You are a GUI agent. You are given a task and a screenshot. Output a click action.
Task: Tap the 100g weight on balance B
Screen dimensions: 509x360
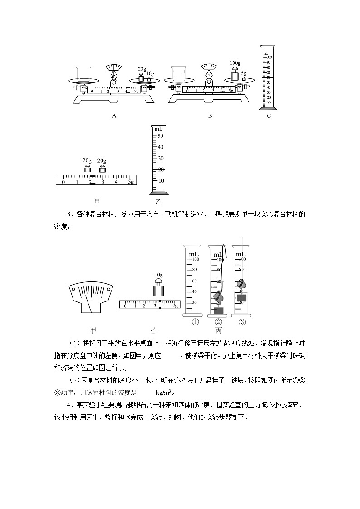click(x=234, y=74)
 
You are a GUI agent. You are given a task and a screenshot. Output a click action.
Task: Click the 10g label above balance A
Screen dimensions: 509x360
click(x=150, y=73)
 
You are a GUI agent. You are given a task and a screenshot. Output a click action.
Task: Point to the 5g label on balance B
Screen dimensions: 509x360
click(x=243, y=73)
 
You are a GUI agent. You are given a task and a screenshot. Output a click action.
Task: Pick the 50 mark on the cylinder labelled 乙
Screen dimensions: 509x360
click(x=160, y=136)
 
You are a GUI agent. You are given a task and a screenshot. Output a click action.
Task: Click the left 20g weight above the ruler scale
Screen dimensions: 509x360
click(x=87, y=169)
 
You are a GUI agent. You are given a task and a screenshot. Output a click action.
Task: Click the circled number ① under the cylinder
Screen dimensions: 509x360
click(x=195, y=322)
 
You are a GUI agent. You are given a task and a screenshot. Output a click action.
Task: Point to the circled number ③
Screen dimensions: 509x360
click(x=242, y=322)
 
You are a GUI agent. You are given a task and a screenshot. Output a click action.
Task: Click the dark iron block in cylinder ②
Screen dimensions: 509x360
click(x=219, y=310)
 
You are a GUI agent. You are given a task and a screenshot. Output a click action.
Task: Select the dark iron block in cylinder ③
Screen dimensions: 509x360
click(x=242, y=298)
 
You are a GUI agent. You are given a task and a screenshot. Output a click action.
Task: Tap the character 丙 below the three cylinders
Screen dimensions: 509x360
click(x=219, y=331)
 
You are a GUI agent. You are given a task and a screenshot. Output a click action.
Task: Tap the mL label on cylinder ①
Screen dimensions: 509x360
click(x=194, y=255)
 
